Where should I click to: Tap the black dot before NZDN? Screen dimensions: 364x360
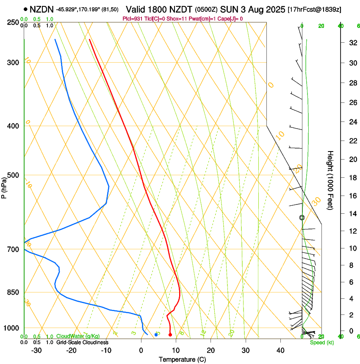(26, 8)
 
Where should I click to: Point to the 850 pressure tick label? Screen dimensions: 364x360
(13, 292)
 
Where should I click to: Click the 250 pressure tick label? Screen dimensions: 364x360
(13, 22)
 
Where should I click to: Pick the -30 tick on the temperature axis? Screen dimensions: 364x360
(36, 350)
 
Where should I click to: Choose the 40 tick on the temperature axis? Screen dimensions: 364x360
(280, 350)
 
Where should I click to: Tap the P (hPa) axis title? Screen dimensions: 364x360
(4, 187)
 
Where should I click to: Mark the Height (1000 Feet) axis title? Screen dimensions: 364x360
(330, 180)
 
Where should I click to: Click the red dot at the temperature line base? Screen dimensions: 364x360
(170, 335)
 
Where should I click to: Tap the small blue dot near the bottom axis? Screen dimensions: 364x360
(156, 335)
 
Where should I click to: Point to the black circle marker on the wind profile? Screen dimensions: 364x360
(302, 218)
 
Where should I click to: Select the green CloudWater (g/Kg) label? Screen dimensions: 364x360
(78, 336)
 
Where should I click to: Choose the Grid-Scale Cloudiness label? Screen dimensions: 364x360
(82, 342)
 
